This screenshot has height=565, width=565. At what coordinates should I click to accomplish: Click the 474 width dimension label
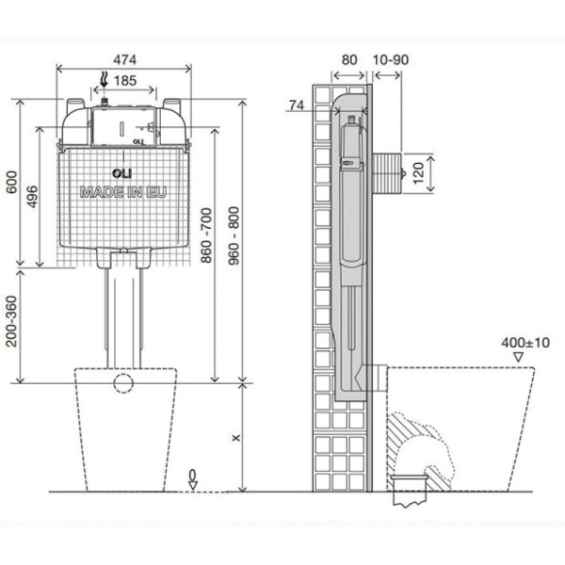pyautogui.click(x=123, y=58)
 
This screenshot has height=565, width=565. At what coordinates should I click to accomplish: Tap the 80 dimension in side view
pyautogui.click(x=349, y=58)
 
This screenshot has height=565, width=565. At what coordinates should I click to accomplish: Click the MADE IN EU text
pyautogui.click(x=122, y=191)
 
